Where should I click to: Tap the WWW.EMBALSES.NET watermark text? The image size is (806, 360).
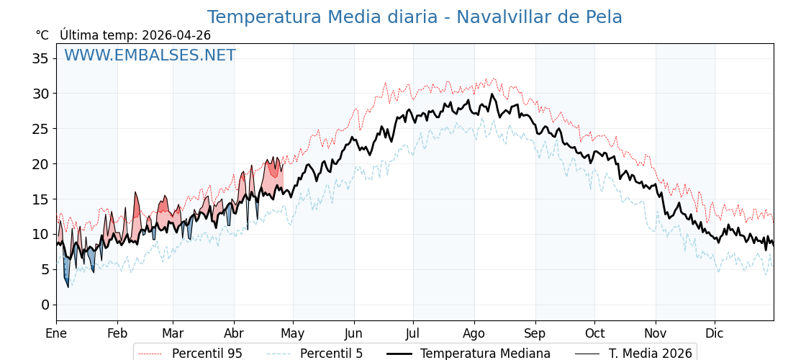pos(150,55)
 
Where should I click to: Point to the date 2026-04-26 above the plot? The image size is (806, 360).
pos(176,35)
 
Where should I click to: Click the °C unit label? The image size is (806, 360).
pos(42,35)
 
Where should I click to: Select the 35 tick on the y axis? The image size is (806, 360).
pos(40,58)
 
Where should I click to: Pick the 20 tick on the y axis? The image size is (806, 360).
pos(40,164)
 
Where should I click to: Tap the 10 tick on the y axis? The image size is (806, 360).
pos(40,234)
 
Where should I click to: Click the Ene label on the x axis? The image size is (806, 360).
pos(56,334)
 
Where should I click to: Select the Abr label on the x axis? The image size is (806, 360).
pos(234,334)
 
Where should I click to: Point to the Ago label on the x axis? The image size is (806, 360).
pos(474,334)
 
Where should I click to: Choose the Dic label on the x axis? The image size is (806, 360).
pos(715,334)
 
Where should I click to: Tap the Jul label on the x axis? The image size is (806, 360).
pos(413,334)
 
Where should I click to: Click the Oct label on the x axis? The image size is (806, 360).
pos(594,334)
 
